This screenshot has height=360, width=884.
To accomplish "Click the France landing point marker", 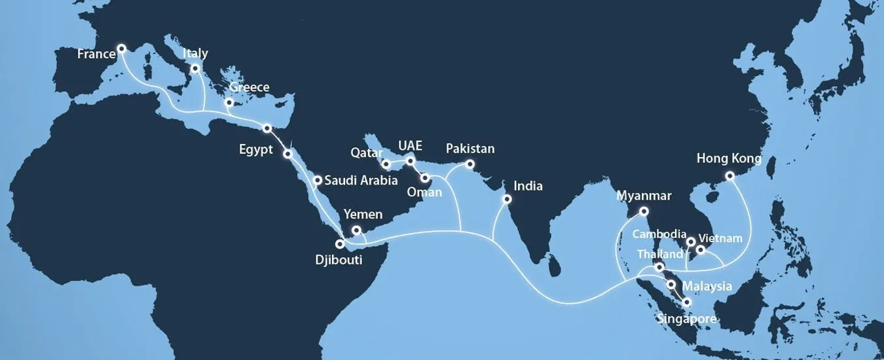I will point(121,48).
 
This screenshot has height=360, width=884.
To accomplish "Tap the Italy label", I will point(195,53).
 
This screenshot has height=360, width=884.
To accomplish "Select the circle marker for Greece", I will point(229,103).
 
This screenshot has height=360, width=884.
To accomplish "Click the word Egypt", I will point(256,150).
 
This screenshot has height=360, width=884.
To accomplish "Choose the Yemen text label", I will point(362,215).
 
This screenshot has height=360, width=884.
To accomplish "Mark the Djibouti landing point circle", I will point(340,243).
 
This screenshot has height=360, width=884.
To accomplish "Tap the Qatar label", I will point(367,153).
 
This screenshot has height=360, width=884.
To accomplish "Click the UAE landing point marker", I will point(411,160).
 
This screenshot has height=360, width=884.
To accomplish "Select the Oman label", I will point(424,192).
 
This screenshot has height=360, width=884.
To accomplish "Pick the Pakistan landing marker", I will point(470,164).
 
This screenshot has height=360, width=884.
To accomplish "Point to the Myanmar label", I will point(644,196).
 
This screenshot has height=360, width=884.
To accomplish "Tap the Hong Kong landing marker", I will point(730,176).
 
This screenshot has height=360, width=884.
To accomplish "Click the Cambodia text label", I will point(659,234).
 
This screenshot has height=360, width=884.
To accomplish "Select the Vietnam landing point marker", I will point(701,249).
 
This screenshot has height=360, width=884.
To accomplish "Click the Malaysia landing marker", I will point(671,284).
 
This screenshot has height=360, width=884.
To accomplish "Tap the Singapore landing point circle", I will point(686,302).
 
